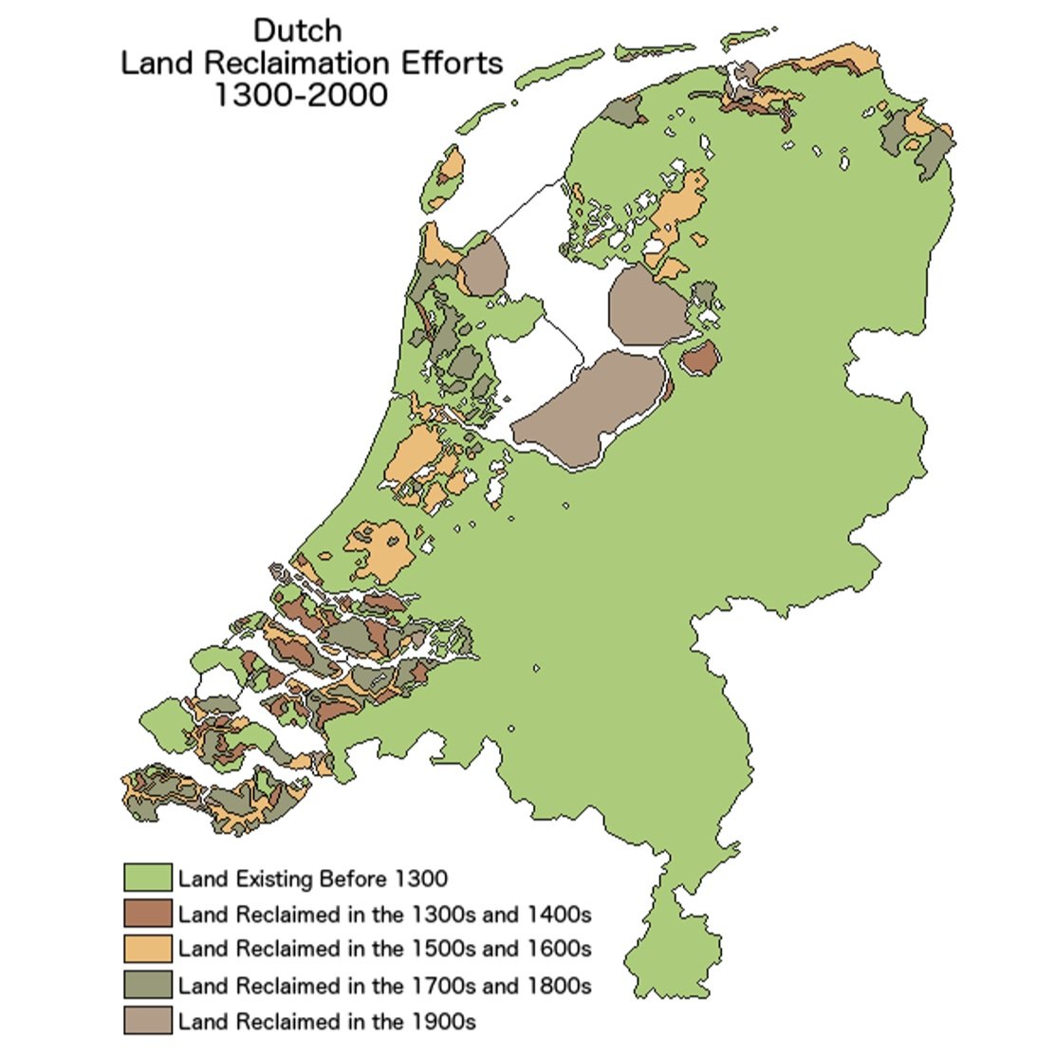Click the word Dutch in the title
(x=297, y=30)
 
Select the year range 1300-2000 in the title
(x=300, y=95)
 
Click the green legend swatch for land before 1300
(x=147, y=878)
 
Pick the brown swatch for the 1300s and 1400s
(x=147, y=913)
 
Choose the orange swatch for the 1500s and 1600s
(x=147, y=949)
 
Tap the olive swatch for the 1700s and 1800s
(x=147, y=985)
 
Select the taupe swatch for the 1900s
(x=147, y=1021)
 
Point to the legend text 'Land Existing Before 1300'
(x=312, y=879)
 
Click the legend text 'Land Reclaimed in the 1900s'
(x=326, y=1022)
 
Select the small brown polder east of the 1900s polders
(x=701, y=359)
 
